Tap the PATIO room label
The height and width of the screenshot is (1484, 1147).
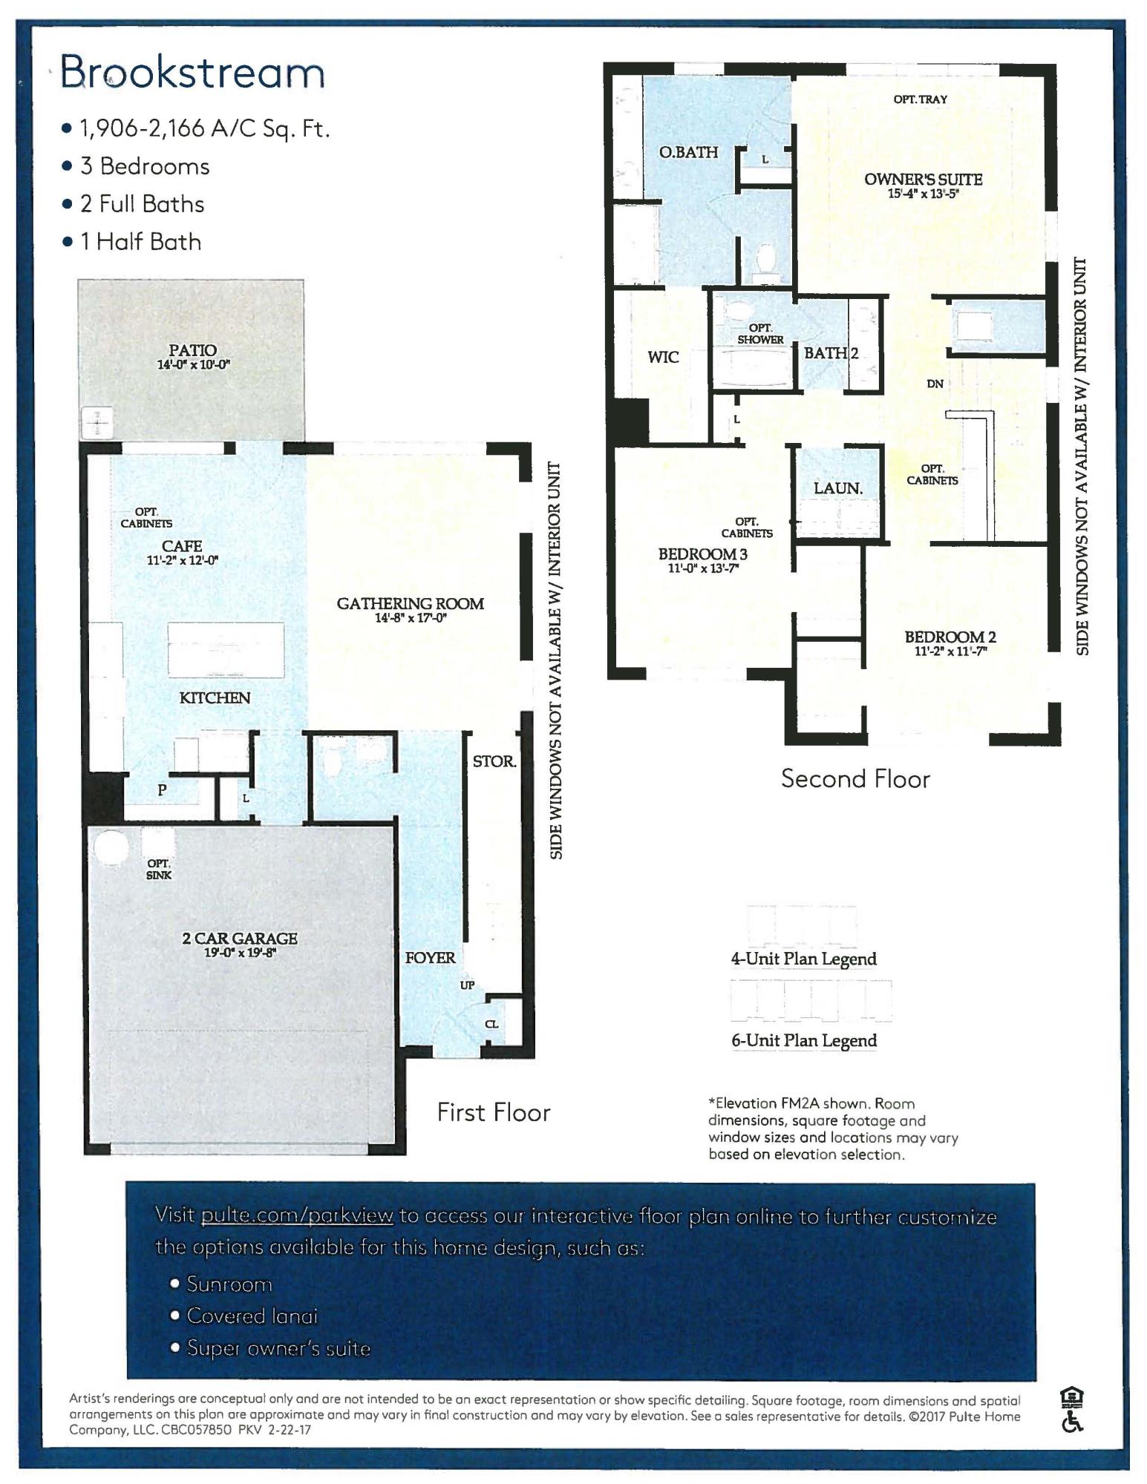pyautogui.click(x=192, y=349)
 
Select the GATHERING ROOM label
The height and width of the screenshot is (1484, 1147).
pyautogui.click(x=410, y=603)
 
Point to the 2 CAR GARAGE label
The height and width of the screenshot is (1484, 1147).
pyautogui.click(x=240, y=938)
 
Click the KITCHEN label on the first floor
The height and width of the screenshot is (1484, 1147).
pyautogui.click(x=215, y=697)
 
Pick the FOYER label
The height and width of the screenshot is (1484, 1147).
pyautogui.click(x=430, y=957)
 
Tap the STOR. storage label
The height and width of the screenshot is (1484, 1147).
pyautogui.click(x=494, y=761)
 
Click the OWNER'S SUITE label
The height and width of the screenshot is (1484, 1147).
pyautogui.click(x=923, y=179)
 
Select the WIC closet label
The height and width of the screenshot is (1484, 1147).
pyautogui.click(x=663, y=357)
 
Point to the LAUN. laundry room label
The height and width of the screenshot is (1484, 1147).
pyautogui.click(x=838, y=488)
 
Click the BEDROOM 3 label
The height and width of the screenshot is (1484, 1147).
pyautogui.click(x=702, y=554)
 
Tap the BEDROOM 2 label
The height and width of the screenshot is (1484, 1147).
pyautogui.click(x=950, y=637)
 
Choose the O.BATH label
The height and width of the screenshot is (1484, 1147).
pyautogui.click(x=688, y=152)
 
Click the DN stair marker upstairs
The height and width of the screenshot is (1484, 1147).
pyautogui.click(x=935, y=384)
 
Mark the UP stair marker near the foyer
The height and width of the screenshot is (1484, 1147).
pyautogui.click(x=467, y=985)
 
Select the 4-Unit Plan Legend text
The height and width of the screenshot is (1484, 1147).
pyautogui.click(x=803, y=959)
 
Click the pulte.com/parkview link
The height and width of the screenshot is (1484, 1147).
pyautogui.click(x=297, y=1215)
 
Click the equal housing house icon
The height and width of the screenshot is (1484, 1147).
pyautogui.click(x=1071, y=1398)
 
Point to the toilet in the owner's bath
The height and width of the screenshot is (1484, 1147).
pyautogui.click(x=764, y=259)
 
